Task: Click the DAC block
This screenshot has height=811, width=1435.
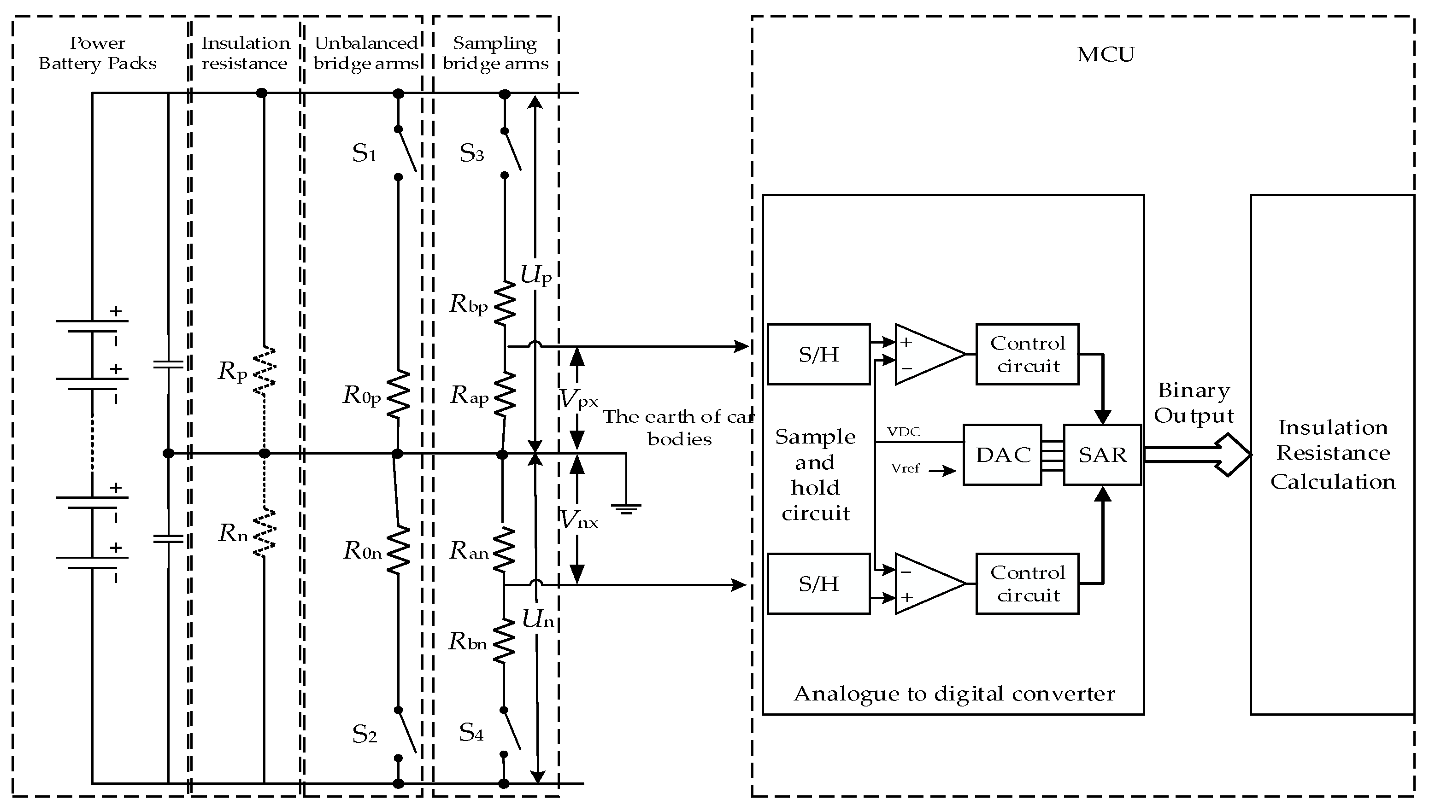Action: tap(1002, 455)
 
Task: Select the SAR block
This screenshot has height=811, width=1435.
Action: tap(1102, 455)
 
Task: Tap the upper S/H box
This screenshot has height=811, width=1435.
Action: tap(818, 354)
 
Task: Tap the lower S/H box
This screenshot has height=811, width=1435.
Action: tap(818, 584)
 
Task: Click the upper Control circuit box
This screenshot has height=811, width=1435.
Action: tap(1027, 354)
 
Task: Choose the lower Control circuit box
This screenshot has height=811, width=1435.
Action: tap(1027, 584)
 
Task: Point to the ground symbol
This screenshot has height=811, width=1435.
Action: tap(626, 508)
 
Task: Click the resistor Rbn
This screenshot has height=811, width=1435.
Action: tap(504, 641)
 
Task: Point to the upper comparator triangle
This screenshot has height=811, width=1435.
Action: tap(929, 354)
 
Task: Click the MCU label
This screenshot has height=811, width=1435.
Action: tap(1106, 55)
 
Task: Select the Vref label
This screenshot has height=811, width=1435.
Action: tap(905, 468)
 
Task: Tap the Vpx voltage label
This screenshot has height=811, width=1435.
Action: tap(578, 399)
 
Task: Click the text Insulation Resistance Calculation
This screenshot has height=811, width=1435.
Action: tap(1332, 455)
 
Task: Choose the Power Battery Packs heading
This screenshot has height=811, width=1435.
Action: tap(98, 53)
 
